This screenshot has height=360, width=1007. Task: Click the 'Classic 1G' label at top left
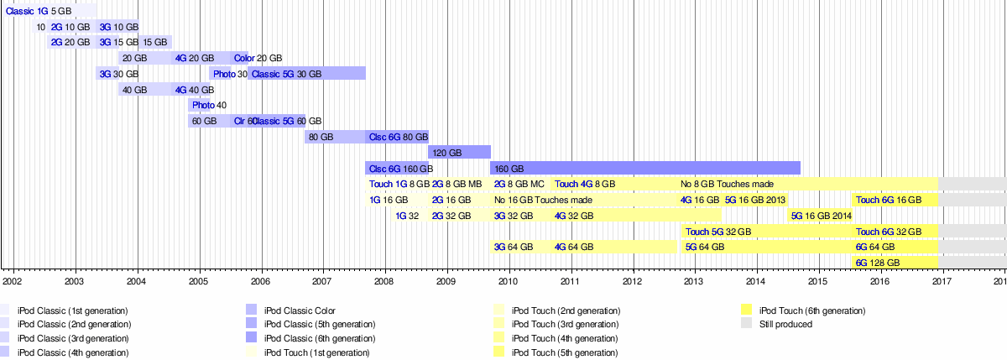27,12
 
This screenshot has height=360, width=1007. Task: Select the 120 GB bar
459,153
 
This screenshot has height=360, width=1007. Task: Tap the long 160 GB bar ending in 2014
644,168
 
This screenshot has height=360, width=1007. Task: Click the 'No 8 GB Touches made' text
727,184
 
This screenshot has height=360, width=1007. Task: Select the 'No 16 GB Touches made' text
543,200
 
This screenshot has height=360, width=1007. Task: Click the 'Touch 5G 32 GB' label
718,232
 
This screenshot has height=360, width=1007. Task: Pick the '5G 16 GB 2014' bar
821,216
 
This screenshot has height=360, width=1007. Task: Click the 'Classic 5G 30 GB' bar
307,74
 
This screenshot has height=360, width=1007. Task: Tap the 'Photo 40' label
209,105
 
